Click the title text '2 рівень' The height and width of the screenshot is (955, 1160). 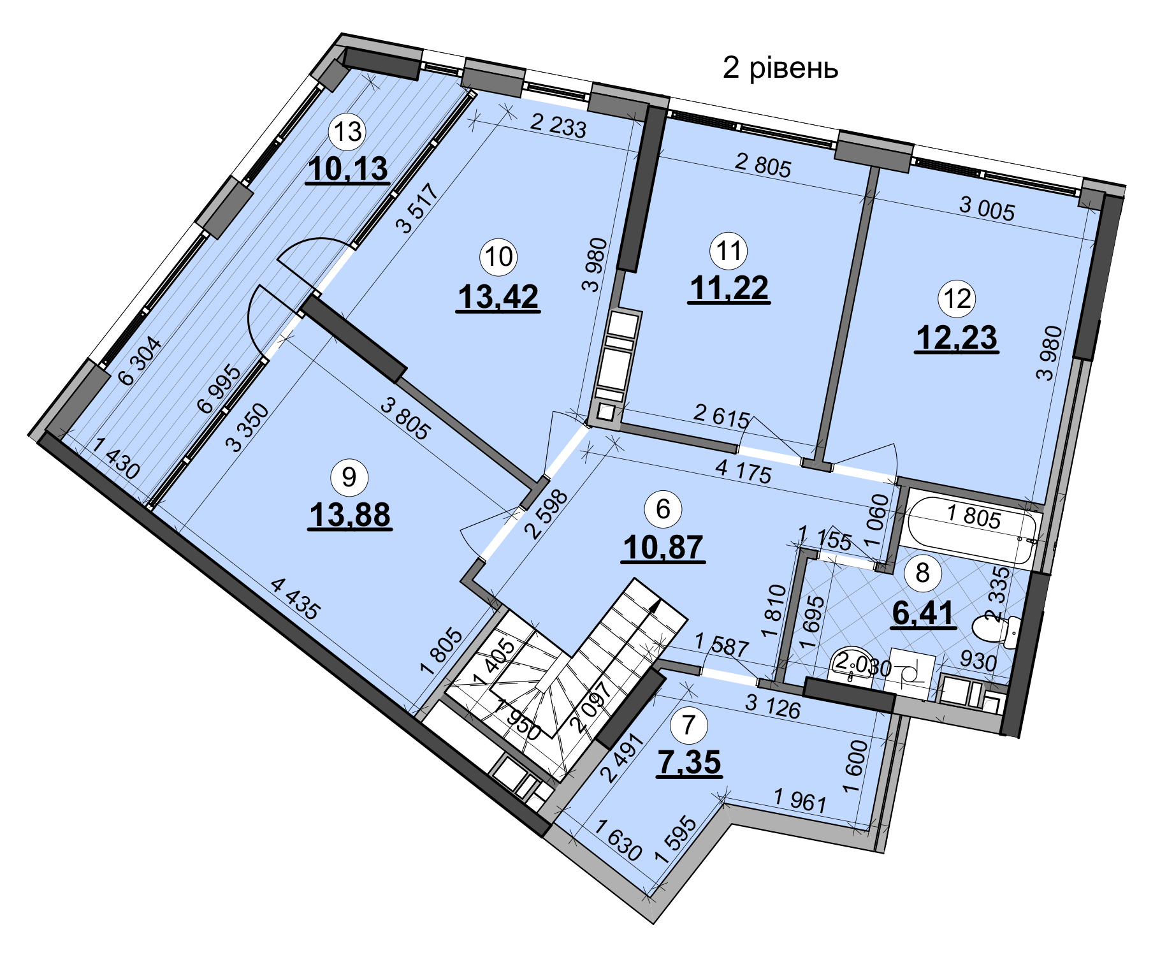pyautogui.click(x=780, y=68)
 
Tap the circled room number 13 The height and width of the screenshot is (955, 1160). pyautogui.click(x=347, y=132)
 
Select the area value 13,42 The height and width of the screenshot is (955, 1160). pyautogui.click(x=498, y=297)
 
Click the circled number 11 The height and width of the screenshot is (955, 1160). pyautogui.click(x=729, y=251)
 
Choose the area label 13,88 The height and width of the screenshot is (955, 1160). pyautogui.click(x=349, y=515)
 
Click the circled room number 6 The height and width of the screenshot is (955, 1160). pyautogui.click(x=663, y=509)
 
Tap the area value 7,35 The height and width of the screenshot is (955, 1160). pyautogui.click(x=690, y=762)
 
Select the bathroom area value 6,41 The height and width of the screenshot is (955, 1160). pyautogui.click(x=923, y=613)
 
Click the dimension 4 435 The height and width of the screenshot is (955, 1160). pyautogui.click(x=294, y=598)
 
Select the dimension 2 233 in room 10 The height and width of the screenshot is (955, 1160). pyautogui.click(x=558, y=126)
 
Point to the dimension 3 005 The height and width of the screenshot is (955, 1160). pyautogui.click(x=987, y=208)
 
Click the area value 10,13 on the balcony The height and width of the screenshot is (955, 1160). pyautogui.click(x=347, y=170)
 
